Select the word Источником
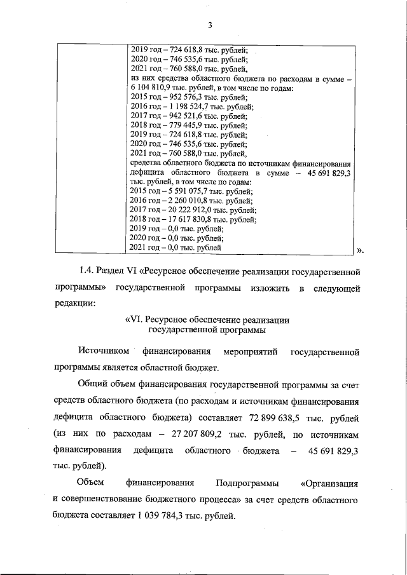coord(103,351)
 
